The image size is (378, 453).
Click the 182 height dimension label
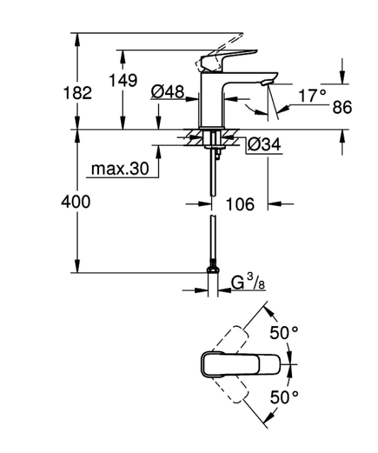[x=77, y=93]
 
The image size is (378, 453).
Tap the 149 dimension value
[x=123, y=80]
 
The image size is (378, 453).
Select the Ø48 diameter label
[x=168, y=93]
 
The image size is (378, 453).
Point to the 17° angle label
[x=312, y=96]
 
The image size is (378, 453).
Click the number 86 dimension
[x=342, y=107]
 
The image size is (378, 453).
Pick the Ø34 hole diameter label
[x=264, y=144]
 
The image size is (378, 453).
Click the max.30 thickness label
[x=120, y=168]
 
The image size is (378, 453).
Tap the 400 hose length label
[x=76, y=201]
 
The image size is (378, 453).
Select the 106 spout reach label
[x=240, y=204]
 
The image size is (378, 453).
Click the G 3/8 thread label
[x=248, y=282]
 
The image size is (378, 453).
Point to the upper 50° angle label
[x=283, y=333]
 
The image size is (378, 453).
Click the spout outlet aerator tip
[x=266, y=83]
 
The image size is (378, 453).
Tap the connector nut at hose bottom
[x=213, y=270]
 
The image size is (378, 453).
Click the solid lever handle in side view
[x=228, y=60]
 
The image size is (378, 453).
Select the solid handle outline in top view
[x=240, y=364]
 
